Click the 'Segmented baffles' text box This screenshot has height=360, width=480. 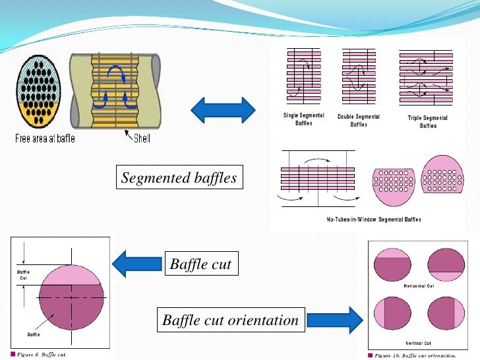pyautogui.click(x=178, y=178)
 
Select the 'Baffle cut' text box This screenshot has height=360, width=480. pyautogui.click(x=200, y=264)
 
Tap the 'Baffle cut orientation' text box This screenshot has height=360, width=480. pyautogui.click(x=230, y=321)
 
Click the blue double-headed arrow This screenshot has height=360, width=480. pyautogui.click(x=223, y=109)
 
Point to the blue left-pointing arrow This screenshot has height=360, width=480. pyautogui.click(x=136, y=264)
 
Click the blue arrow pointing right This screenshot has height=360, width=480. pyautogui.click(x=335, y=321)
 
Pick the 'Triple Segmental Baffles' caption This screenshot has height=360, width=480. pyautogui.click(x=427, y=122)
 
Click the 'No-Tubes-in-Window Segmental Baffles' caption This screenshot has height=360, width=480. pyautogui.click(x=373, y=219)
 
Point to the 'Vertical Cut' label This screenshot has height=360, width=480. pyautogui.click(x=418, y=343)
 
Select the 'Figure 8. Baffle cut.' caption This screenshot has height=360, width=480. pyautogui.click(x=41, y=354)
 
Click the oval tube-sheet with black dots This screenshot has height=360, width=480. pyautogui.click(x=40, y=93)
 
